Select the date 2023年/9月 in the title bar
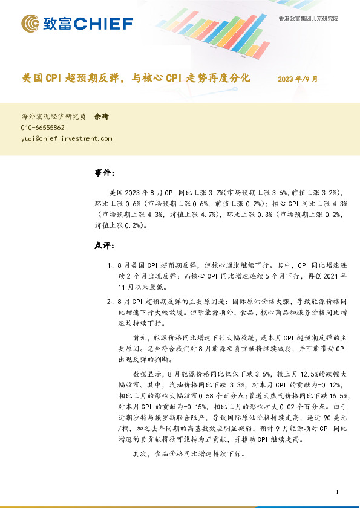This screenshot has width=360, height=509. pos(298,79)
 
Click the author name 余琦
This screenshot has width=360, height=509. pos(101,117)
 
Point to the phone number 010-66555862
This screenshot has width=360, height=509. pos(42,128)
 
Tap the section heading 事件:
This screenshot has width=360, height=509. pos(105,173)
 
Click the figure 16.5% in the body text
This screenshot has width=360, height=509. pos(336,394)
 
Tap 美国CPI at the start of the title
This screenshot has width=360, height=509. pos(42,79)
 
